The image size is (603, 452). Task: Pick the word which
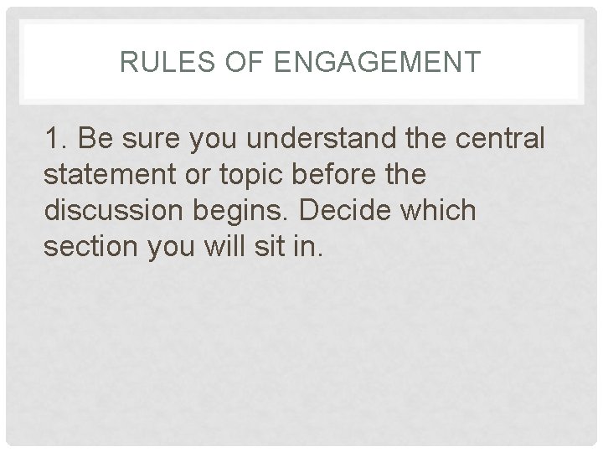[x=443, y=211]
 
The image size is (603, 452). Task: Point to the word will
[x=229, y=248]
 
